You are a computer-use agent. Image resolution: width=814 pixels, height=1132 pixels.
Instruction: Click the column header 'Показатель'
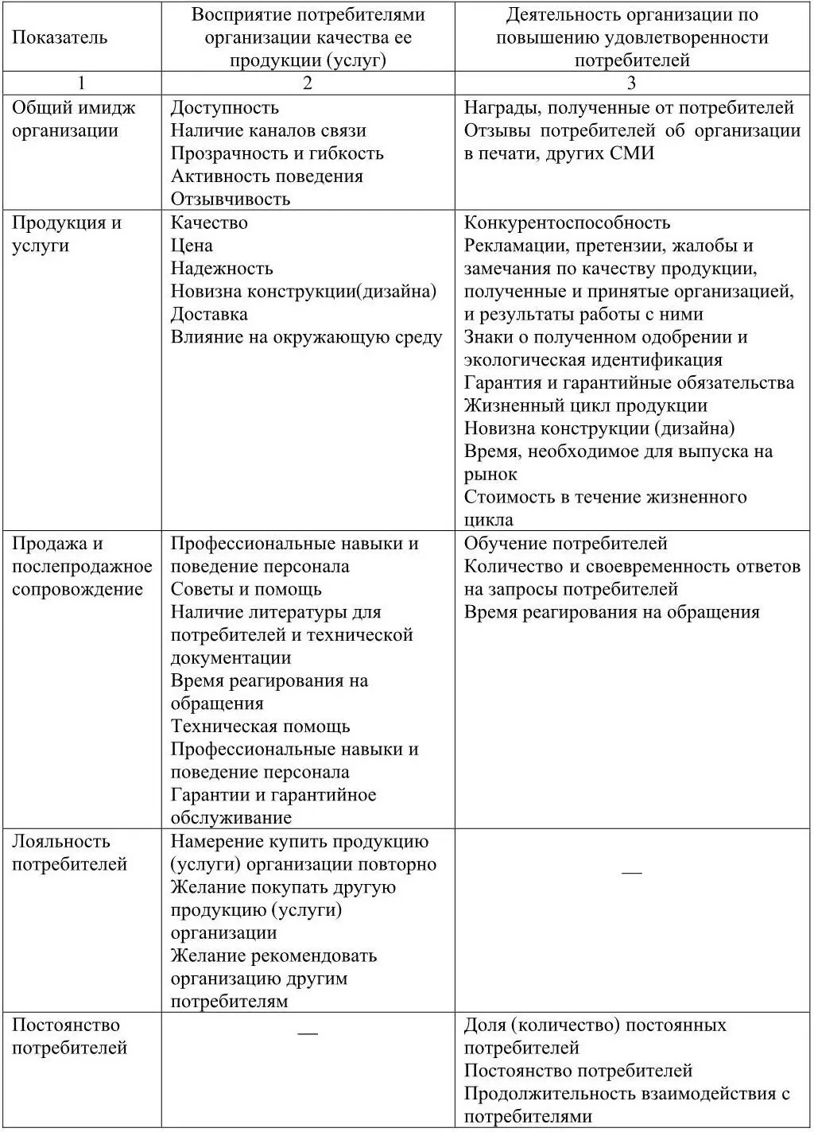(60, 37)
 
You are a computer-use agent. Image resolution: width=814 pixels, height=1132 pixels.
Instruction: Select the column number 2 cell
(308, 83)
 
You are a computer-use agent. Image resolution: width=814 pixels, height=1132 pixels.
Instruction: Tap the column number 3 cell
(632, 83)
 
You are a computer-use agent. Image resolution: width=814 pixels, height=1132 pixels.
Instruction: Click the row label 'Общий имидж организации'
(73, 119)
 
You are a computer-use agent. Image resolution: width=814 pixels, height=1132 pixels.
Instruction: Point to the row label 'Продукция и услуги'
(66, 234)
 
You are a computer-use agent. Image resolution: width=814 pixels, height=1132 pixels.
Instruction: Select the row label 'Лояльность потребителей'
(69, 852)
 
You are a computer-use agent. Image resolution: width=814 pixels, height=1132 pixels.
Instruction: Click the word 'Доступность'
(224, 108)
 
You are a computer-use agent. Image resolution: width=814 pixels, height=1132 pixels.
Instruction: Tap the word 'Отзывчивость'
(231, 199)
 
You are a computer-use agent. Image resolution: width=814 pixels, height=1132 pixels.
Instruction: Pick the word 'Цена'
(192, 246)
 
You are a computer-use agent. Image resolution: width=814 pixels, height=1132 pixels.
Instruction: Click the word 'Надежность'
(222, 269)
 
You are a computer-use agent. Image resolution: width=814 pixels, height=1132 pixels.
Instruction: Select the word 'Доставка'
(209, 314)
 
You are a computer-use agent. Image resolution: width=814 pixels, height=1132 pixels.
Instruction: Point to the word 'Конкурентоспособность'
(567, 223)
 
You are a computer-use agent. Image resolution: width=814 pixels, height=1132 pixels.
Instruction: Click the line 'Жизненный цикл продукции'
(585, 405)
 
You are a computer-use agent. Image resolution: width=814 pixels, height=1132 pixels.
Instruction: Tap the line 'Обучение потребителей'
(565, 544)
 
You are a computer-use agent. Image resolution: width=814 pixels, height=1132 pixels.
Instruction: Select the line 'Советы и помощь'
(246, 589)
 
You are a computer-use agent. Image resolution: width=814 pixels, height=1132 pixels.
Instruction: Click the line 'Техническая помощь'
(260, 727)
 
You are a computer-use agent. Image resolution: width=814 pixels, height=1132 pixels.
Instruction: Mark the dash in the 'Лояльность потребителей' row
(632, 873)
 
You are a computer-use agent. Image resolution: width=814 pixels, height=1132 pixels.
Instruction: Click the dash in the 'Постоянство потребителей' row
(308, 1033)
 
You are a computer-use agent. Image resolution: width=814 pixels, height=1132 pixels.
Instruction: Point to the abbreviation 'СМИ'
(632, 153)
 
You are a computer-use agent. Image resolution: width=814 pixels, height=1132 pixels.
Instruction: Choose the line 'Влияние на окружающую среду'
(306, 337)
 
